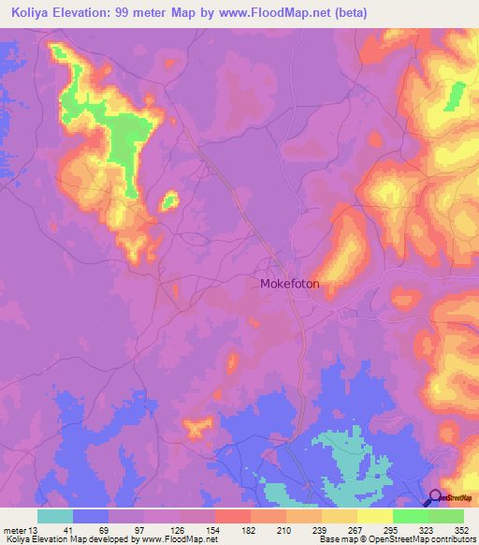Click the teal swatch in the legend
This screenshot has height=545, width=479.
click(55, 516)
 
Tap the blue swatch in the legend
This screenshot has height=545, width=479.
click(91, 516)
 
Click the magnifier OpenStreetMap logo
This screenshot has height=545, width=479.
click(435, 497)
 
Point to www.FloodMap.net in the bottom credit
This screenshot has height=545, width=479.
click(174, 538)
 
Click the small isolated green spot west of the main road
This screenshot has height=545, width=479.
click(169, 199)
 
